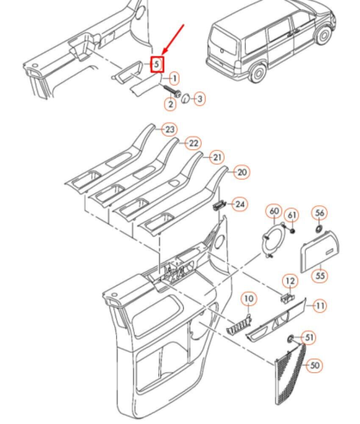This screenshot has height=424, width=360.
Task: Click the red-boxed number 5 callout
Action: [157, 64]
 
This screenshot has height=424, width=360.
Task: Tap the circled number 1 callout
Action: [174, 79]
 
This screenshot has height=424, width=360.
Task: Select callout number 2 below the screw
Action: [170, 104]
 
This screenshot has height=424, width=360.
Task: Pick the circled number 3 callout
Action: [199, 99]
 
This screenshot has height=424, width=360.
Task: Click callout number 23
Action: [169, 129]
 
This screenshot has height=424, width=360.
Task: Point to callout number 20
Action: [241, 172]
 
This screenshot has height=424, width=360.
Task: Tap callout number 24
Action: [240, 204]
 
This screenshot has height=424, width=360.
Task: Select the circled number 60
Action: [274, 211]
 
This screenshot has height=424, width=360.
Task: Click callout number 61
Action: [292, 215]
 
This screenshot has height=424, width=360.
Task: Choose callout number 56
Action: [319, 213]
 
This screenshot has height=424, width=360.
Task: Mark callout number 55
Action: [320, 276]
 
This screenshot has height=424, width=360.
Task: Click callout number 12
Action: [290, 281]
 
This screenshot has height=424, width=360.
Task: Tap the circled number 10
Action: [249, 299]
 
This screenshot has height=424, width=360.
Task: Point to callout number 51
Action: [309, 338]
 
